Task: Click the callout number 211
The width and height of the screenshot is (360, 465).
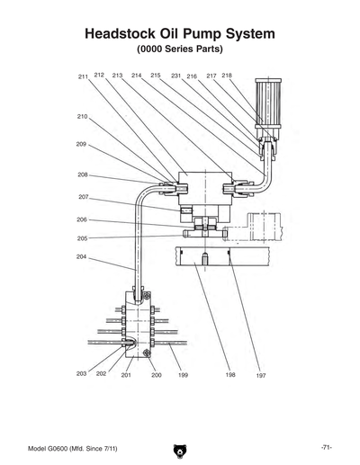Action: (x=83, y=78)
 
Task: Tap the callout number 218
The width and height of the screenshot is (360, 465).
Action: (x=227, y=76)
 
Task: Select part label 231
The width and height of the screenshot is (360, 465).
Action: (x=175, y=76)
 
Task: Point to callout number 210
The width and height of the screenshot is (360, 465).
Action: (x=82, y=117)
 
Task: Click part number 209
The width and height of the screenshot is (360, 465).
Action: (x=81, y=144)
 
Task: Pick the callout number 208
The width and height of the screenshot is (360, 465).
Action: (x=83, y=174)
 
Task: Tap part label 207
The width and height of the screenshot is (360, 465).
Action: (x=83, y=197)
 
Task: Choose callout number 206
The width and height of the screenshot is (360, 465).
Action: (x=82, y=219)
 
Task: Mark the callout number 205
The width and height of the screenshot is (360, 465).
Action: (x=82, y=238)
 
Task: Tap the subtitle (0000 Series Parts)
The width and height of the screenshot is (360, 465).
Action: (x=179, y=50)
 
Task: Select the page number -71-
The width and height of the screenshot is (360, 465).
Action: (x=327, y=447)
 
